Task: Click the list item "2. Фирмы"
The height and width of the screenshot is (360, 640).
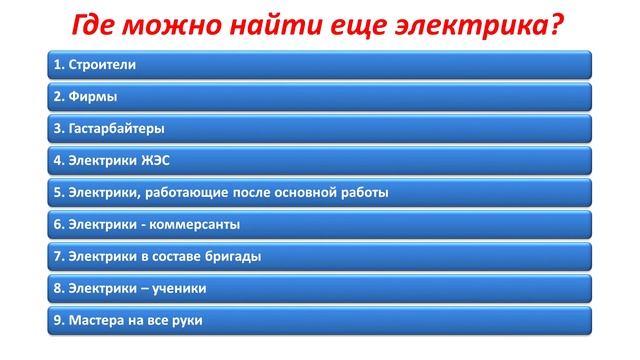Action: click(x=83, y=97)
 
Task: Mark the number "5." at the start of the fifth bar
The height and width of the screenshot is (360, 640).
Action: click(x=58, y=193)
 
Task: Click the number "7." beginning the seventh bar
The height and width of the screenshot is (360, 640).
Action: click(x=58, y=257)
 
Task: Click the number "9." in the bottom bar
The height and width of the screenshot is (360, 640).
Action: click(x=58, y=321)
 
